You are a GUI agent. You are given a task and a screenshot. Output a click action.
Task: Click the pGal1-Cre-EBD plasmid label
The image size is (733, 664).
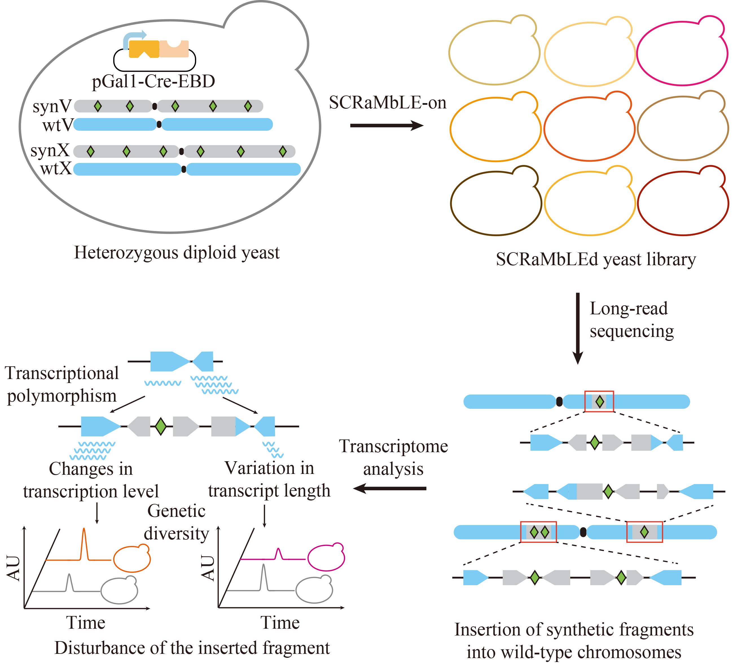click(x=153, y=81)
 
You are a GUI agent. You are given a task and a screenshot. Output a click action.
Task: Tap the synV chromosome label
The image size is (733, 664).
click(x=52, y=106)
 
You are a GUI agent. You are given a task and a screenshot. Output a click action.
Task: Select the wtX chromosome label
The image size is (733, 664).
click(x=56, y=169)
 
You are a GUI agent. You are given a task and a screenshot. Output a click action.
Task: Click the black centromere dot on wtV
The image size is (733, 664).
click(x=159, y=125)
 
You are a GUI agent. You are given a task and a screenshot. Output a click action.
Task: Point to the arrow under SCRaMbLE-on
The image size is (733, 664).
click(x=387, y=126)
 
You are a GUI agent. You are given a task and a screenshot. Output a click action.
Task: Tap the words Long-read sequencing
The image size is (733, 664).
click(x=631, y=320)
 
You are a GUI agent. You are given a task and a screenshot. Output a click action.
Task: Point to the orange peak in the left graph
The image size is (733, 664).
click(x=84, y=542)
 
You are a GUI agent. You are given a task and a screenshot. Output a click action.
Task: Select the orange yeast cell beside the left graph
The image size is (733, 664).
click(x=132, y=558)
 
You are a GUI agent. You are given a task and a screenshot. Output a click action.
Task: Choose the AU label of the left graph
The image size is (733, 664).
click(x=14, y=568)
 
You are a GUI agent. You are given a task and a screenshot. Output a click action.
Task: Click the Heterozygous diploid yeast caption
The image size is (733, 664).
click(x=177, y=252)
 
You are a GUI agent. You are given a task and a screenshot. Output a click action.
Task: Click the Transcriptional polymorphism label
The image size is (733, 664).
click(x=62, y=384)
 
